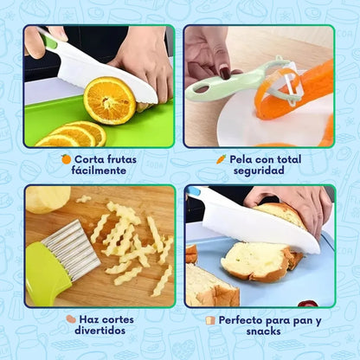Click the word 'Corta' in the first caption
[x=90, y=159]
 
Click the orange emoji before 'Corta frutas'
[x=66, y=159]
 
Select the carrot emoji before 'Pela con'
[x=222, y=159]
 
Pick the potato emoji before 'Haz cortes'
[x=71, y=319]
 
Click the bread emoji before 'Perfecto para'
[x=210, y=319]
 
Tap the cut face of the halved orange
[x=110, y=100]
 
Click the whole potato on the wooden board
[x=47, y=199]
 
